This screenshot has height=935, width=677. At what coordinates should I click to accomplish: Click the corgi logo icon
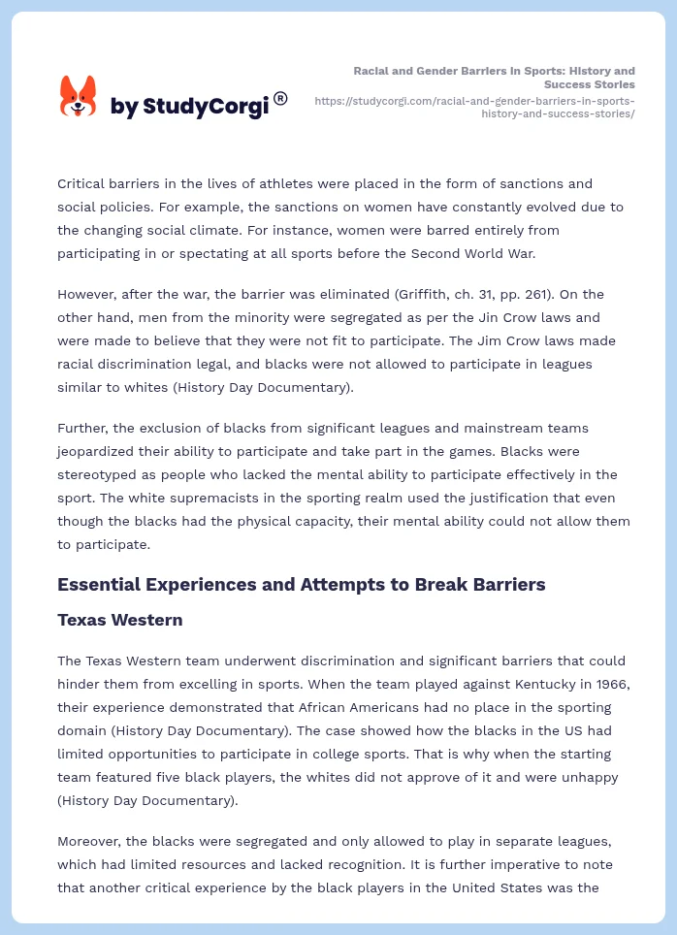[x=79, y=96]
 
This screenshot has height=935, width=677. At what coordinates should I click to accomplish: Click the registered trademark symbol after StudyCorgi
[x=280, y=98]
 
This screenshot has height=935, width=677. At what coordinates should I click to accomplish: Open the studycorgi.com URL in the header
[x=475, y=107]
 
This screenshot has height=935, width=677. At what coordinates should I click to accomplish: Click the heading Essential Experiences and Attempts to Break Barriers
[x=301, y=584]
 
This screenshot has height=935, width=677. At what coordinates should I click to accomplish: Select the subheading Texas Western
[x=119, y=619]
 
